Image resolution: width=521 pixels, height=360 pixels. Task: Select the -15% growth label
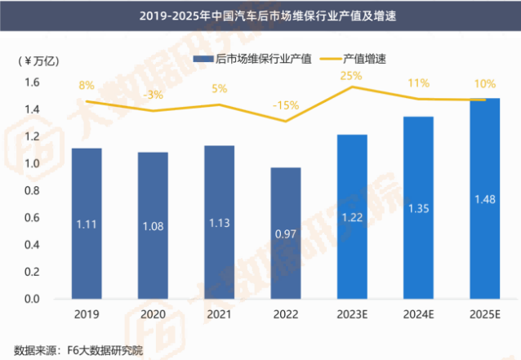[x=285, y=105]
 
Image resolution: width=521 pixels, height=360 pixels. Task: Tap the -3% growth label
[x=153, y=95]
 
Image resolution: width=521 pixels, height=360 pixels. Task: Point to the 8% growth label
[x=87, y=85]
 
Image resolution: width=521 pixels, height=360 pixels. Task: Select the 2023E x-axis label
[x=354, y=314]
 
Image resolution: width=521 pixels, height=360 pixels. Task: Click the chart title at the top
[x=260, y=16]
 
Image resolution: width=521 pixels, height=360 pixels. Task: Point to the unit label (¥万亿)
[x=38, y=60]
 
